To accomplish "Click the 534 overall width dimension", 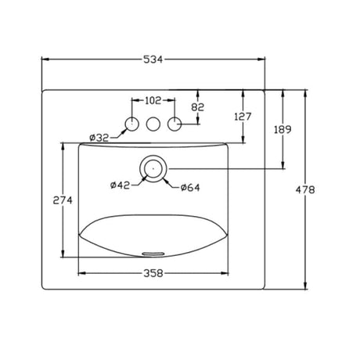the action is coord(153,59).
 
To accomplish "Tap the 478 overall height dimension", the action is coord(305,189).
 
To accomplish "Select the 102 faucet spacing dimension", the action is coord(153,100).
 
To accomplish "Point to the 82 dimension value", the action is coord(197,107).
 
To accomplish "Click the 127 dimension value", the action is coord(243,117).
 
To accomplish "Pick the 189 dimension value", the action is coord(283,129).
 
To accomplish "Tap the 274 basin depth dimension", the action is coord(63,200).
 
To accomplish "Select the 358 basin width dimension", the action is coord(153,273).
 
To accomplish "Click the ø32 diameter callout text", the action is coord(99,138).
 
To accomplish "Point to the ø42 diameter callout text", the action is coord(120,185).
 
